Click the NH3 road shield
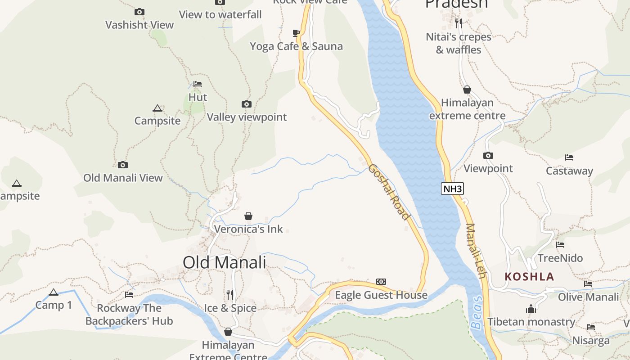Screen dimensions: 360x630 (x=452, y=189)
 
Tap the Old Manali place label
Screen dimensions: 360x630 (x=225, y=262)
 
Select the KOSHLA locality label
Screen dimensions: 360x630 (x=529, y=276)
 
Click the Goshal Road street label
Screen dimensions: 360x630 (x=389, y=192)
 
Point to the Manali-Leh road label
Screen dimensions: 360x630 (x=477, y=250)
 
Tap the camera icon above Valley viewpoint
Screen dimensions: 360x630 (x=247, y=104)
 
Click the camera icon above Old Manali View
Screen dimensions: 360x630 (x=123, y=165)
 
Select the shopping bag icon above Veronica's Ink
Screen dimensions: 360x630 (x=248, y=216)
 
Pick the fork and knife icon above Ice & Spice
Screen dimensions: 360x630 (x=230, y=295)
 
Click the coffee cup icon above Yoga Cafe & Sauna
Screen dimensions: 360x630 (x=296, y=33)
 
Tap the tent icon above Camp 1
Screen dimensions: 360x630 (x=54, y=292)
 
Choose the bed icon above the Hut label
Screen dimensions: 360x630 (x=197, y=84)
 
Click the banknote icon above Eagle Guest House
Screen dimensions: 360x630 (x=381, y=282)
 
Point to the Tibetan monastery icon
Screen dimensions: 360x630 (x=531, y=309)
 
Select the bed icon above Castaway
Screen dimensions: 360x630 (x=569, y=157)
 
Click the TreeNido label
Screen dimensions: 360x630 (x=560, y=258)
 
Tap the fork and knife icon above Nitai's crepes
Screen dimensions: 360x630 (x=459, y=23)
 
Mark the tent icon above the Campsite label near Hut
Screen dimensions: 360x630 (x=157, y=108)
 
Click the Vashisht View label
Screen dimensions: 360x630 (x=139, y=25)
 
